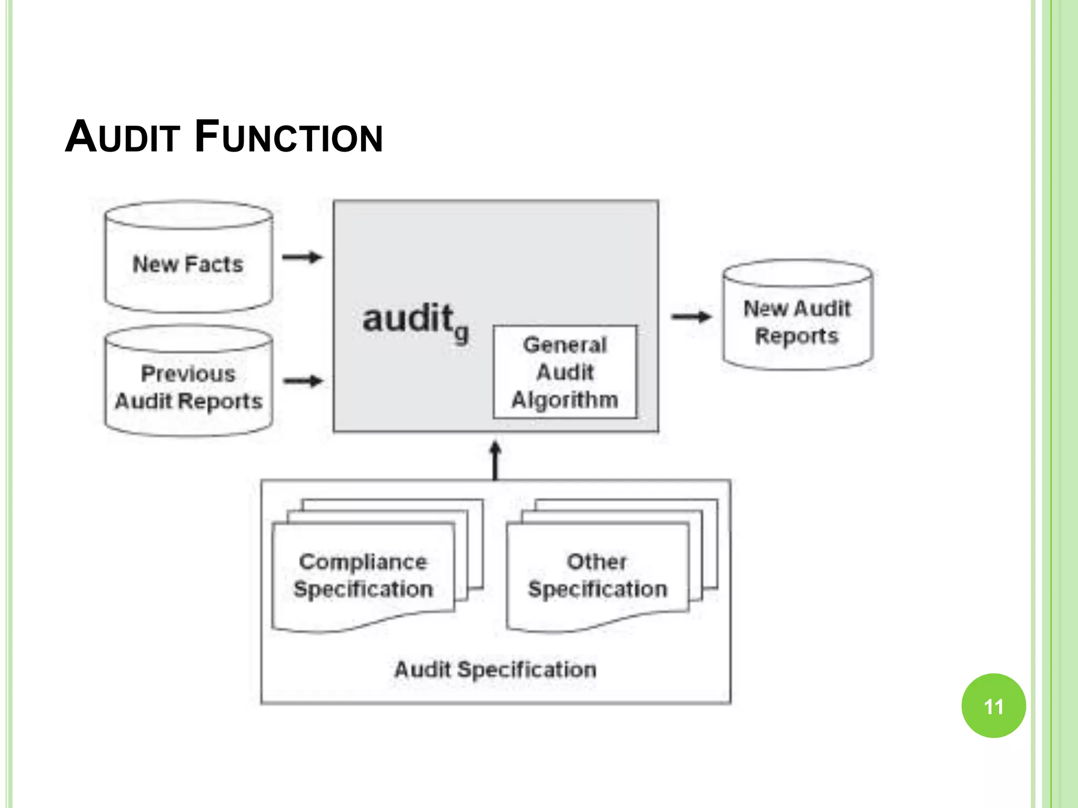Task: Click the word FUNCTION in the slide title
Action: pos(288,137)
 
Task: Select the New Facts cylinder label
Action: pos(188,264)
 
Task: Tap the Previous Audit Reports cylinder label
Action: pos(188,388)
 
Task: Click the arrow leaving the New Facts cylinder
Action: pos(302,257)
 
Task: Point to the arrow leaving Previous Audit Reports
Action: pos(303,381)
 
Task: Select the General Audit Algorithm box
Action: pos(565,372)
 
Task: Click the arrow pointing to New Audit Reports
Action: pos(691,317)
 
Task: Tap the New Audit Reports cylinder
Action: pos(797,321)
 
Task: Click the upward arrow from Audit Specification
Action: pos(495,460)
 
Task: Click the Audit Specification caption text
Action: pos(495,670)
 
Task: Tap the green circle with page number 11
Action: pos(993,706)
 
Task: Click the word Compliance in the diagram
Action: pos(363,562)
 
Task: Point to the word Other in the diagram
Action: pos(596,562)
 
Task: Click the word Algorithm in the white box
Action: pos(565,400)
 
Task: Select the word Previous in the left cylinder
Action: pos(188,374)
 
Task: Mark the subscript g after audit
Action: pos(461,333)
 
